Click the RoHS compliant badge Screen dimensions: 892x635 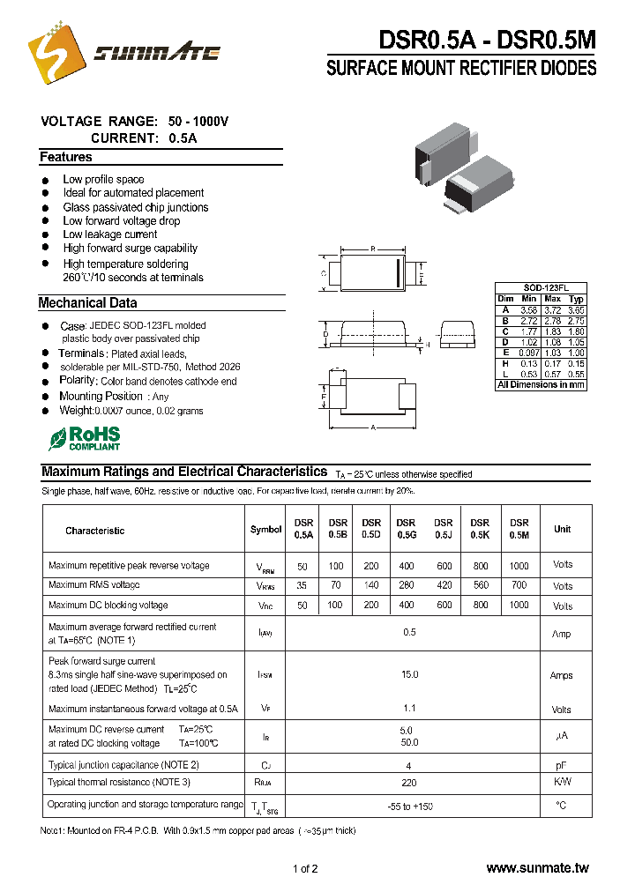[85, 438]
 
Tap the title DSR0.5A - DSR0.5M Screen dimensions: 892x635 [487, 40]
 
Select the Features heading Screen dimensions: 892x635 [65, 157]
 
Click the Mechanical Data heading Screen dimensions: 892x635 [87, 302]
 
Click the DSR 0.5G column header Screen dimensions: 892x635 [406, 528]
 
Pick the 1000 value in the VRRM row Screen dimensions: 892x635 [519, 565]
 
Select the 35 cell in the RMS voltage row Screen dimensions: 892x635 [303, 585]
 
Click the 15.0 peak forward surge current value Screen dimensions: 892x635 [409, 674]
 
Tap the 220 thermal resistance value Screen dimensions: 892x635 [409, 782]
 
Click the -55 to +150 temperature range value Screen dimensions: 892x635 [409, 806]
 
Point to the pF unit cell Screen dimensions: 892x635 [562, 765]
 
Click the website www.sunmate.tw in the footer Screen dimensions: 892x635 [536, 868]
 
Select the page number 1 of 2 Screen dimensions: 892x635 [305, 868]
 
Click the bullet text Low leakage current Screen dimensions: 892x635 [110, 234]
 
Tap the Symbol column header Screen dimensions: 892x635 [265, 530]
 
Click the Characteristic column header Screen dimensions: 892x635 [94, 531]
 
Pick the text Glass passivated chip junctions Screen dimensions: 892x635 [136, 207]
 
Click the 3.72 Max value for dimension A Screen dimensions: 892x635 [552, 310]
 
